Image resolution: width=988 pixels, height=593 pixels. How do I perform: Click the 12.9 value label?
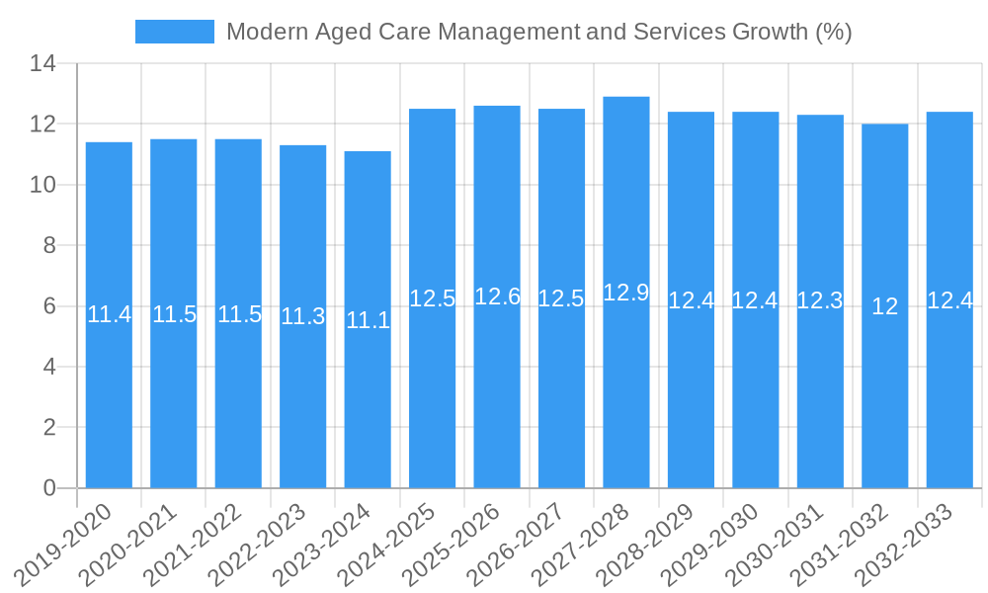point(626,293)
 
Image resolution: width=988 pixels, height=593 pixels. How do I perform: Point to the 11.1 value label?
point(368,320)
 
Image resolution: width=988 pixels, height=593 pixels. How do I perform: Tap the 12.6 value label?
point(497,296)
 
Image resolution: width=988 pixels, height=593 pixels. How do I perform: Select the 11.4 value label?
point(109,315)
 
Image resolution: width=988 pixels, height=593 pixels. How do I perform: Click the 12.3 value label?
point(820,301)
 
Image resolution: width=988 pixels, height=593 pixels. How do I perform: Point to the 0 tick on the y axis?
point(49,488)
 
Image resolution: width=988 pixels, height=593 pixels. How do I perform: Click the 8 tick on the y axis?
point(49,246)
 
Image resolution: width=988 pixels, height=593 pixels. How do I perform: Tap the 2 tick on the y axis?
point(49,428)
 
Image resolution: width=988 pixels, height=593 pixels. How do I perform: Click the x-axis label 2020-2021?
point(128,544)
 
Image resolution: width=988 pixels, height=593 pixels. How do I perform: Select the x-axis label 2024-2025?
point(387,544)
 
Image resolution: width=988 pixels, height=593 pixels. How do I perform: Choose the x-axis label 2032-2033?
point(905,544)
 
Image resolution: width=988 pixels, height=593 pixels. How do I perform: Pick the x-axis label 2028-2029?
point(646,544)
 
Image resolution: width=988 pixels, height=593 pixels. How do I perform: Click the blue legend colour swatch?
point(175,32)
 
